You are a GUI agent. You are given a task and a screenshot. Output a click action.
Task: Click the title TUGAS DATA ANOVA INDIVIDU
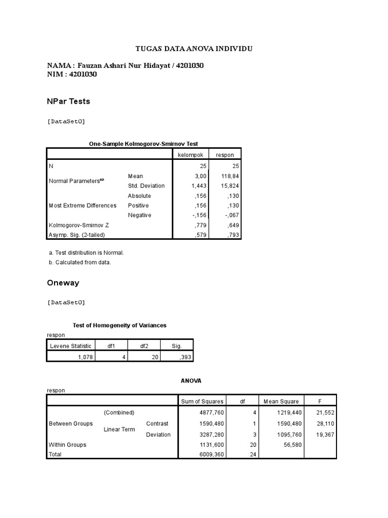(x=194, y=49)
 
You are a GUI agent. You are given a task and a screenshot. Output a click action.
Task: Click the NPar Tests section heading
(x=68, y=101)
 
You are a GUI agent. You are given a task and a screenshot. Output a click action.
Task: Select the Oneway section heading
(x=63, y=283)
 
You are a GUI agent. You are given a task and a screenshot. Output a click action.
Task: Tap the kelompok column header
(x=190, y=155)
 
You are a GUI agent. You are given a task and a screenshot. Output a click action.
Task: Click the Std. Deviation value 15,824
(x=226, y=186)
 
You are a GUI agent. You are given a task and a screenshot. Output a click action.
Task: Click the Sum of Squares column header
(x=202, y=402)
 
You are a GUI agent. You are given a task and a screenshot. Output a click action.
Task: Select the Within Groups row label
(x=67, y=445)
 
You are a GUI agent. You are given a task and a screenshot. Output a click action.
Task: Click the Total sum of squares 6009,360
(x=210, y=455)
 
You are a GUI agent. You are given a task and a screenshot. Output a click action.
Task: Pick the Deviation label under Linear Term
(x=158, y=435)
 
